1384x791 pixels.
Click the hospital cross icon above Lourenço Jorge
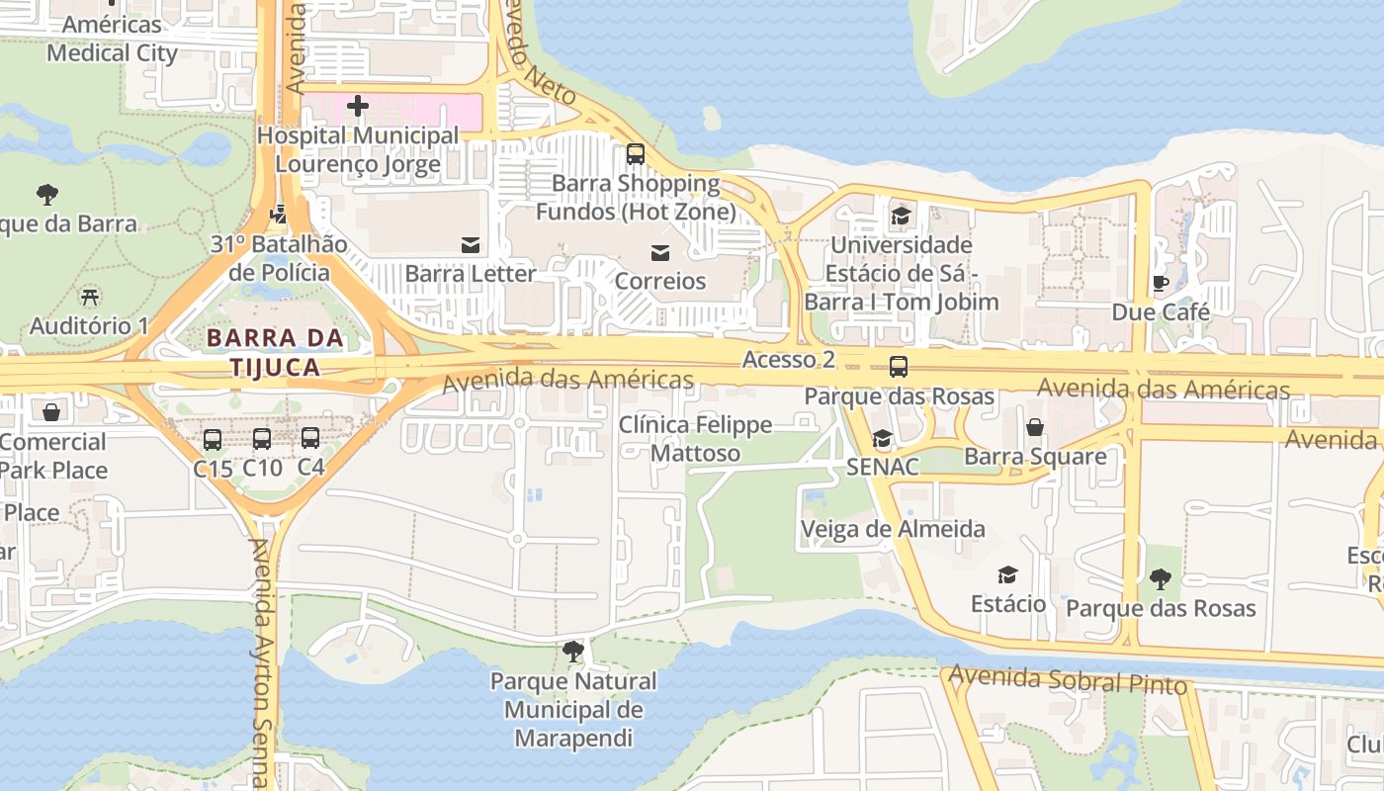(358, 105)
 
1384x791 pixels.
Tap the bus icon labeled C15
(213, 439)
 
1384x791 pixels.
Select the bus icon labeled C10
(262, 438)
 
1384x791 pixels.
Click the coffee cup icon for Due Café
(1161, 284)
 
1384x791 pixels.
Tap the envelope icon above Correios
(659, 253)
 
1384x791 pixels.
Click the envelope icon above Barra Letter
(471, 244)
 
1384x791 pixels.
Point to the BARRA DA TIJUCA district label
(275, 352)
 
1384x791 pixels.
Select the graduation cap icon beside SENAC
(882, 438)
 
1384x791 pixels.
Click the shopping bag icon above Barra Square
(1034, 427)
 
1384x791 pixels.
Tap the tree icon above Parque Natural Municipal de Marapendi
(572, 651)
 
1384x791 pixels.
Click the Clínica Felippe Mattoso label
(695, 439)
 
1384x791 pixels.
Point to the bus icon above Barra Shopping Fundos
(635, 154)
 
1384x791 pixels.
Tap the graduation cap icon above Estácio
(1007, 574)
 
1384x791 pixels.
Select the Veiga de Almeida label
(893, 529)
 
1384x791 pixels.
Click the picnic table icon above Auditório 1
(90, 296)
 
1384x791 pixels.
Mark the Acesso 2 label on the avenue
(789, 360)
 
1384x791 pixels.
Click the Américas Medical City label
(112, 39)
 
